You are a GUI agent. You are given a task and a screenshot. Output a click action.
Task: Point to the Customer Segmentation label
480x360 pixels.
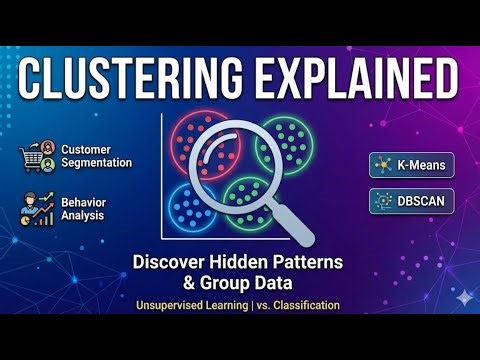point(96,156)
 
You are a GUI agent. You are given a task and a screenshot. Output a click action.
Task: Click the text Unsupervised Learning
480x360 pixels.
point(194,304)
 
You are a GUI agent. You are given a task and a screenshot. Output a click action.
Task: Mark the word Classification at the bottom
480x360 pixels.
point(304,304)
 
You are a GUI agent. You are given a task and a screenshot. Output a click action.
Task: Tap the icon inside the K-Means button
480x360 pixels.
point(381,164)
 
